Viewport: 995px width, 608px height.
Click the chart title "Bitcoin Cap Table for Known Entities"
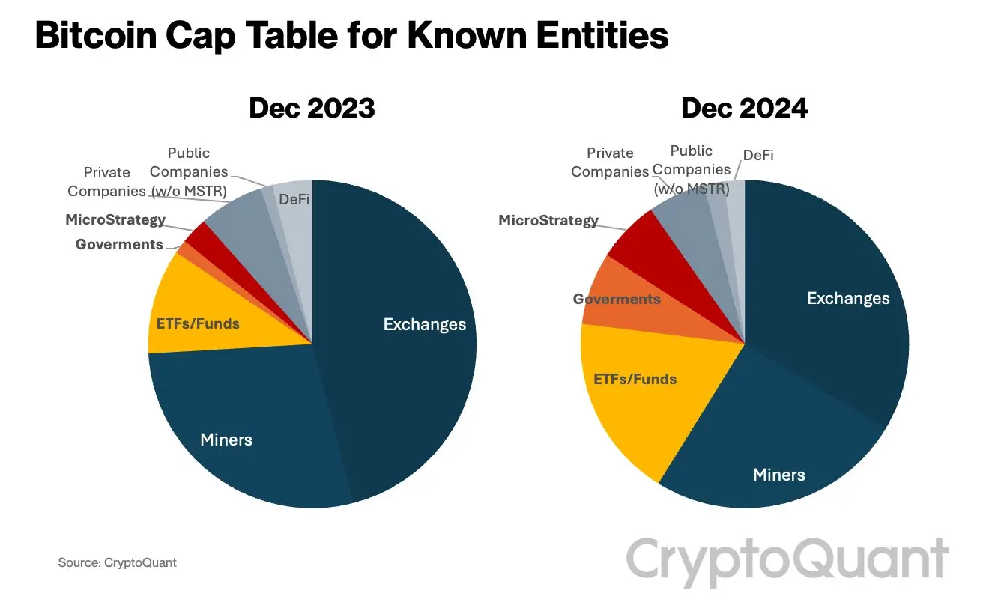(x=351, y=35)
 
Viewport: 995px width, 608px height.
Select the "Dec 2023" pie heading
(x=312, y=109)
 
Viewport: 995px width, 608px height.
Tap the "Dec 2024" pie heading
(x=744, y=109)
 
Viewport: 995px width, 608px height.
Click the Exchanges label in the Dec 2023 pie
(x=424, y=324)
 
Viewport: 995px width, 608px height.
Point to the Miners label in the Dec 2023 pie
(x=226, y=439)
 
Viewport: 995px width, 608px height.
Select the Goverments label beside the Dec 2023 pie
(x=119, y=244)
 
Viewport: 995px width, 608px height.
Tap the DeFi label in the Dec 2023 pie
(x=294, y=199)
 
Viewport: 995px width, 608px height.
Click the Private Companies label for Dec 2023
(x=106, y=182)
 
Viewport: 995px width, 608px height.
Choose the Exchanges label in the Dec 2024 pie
(x=848, y=298)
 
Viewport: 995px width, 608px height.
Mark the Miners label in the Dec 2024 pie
(x=779, y=474)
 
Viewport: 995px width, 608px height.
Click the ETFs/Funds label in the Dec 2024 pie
(x=635, y=379)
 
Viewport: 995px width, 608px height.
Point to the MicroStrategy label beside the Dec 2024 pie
(x=548, y=220)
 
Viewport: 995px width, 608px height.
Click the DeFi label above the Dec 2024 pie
(x=758, y=156)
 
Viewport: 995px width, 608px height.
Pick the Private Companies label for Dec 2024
(x=610, y=162)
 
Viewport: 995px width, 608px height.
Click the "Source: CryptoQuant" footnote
(x=117, y=562)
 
